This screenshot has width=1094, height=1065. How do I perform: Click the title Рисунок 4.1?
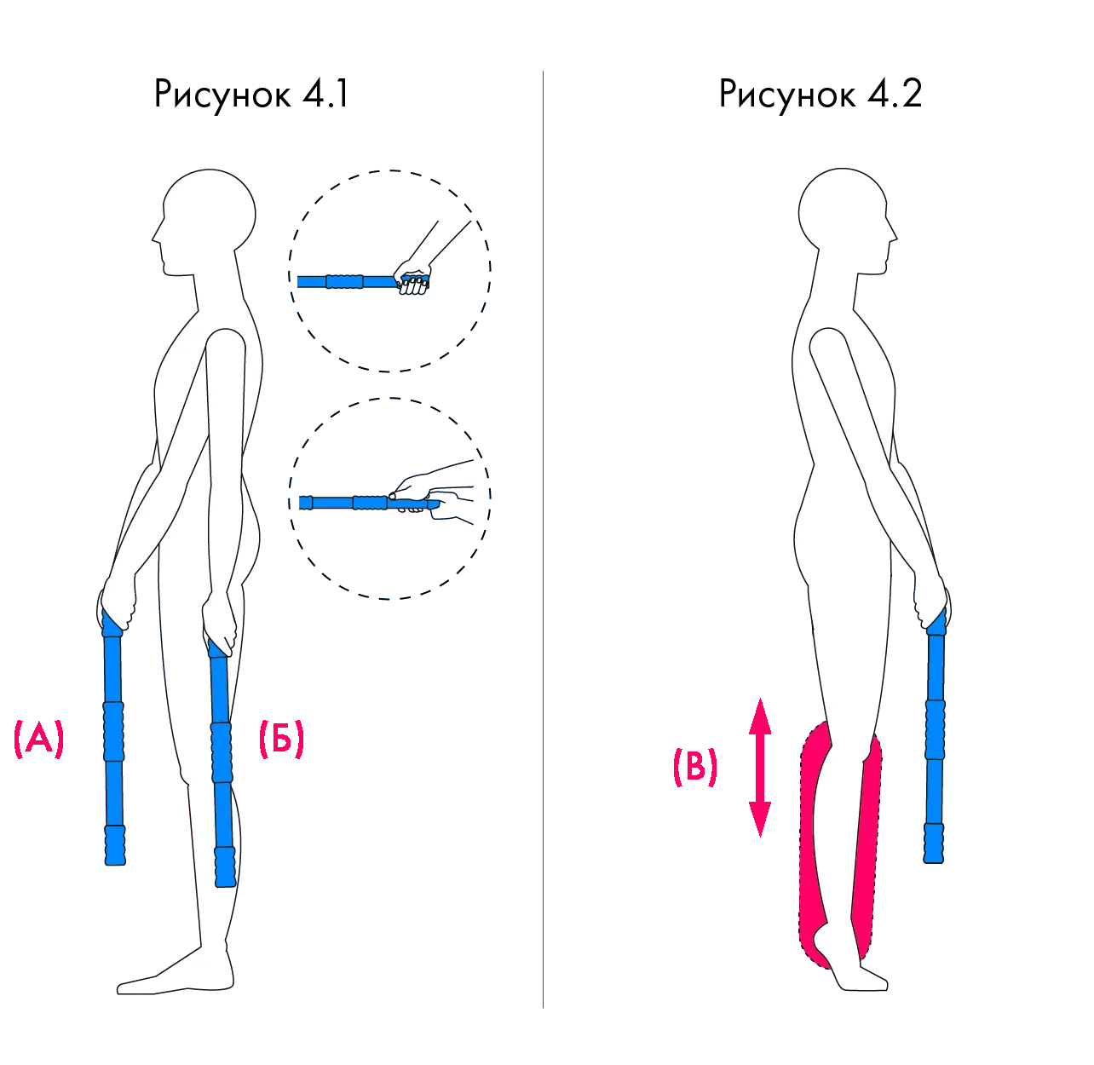point(251,94)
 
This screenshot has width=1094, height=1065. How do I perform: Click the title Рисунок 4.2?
point(820,94)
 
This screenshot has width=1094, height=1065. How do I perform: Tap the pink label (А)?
point(39,739)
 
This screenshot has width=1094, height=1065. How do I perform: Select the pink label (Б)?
point(282,739)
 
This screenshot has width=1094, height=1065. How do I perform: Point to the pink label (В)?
point(695,767)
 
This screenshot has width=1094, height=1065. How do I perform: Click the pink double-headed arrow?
point(759,768)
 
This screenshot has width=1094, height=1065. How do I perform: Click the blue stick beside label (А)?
point(113,737)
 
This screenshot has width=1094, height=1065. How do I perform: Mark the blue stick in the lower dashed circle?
point(368,503)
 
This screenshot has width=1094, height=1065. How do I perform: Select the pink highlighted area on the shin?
point(865,843)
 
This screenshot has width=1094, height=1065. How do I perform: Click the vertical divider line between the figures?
point(543,539)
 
